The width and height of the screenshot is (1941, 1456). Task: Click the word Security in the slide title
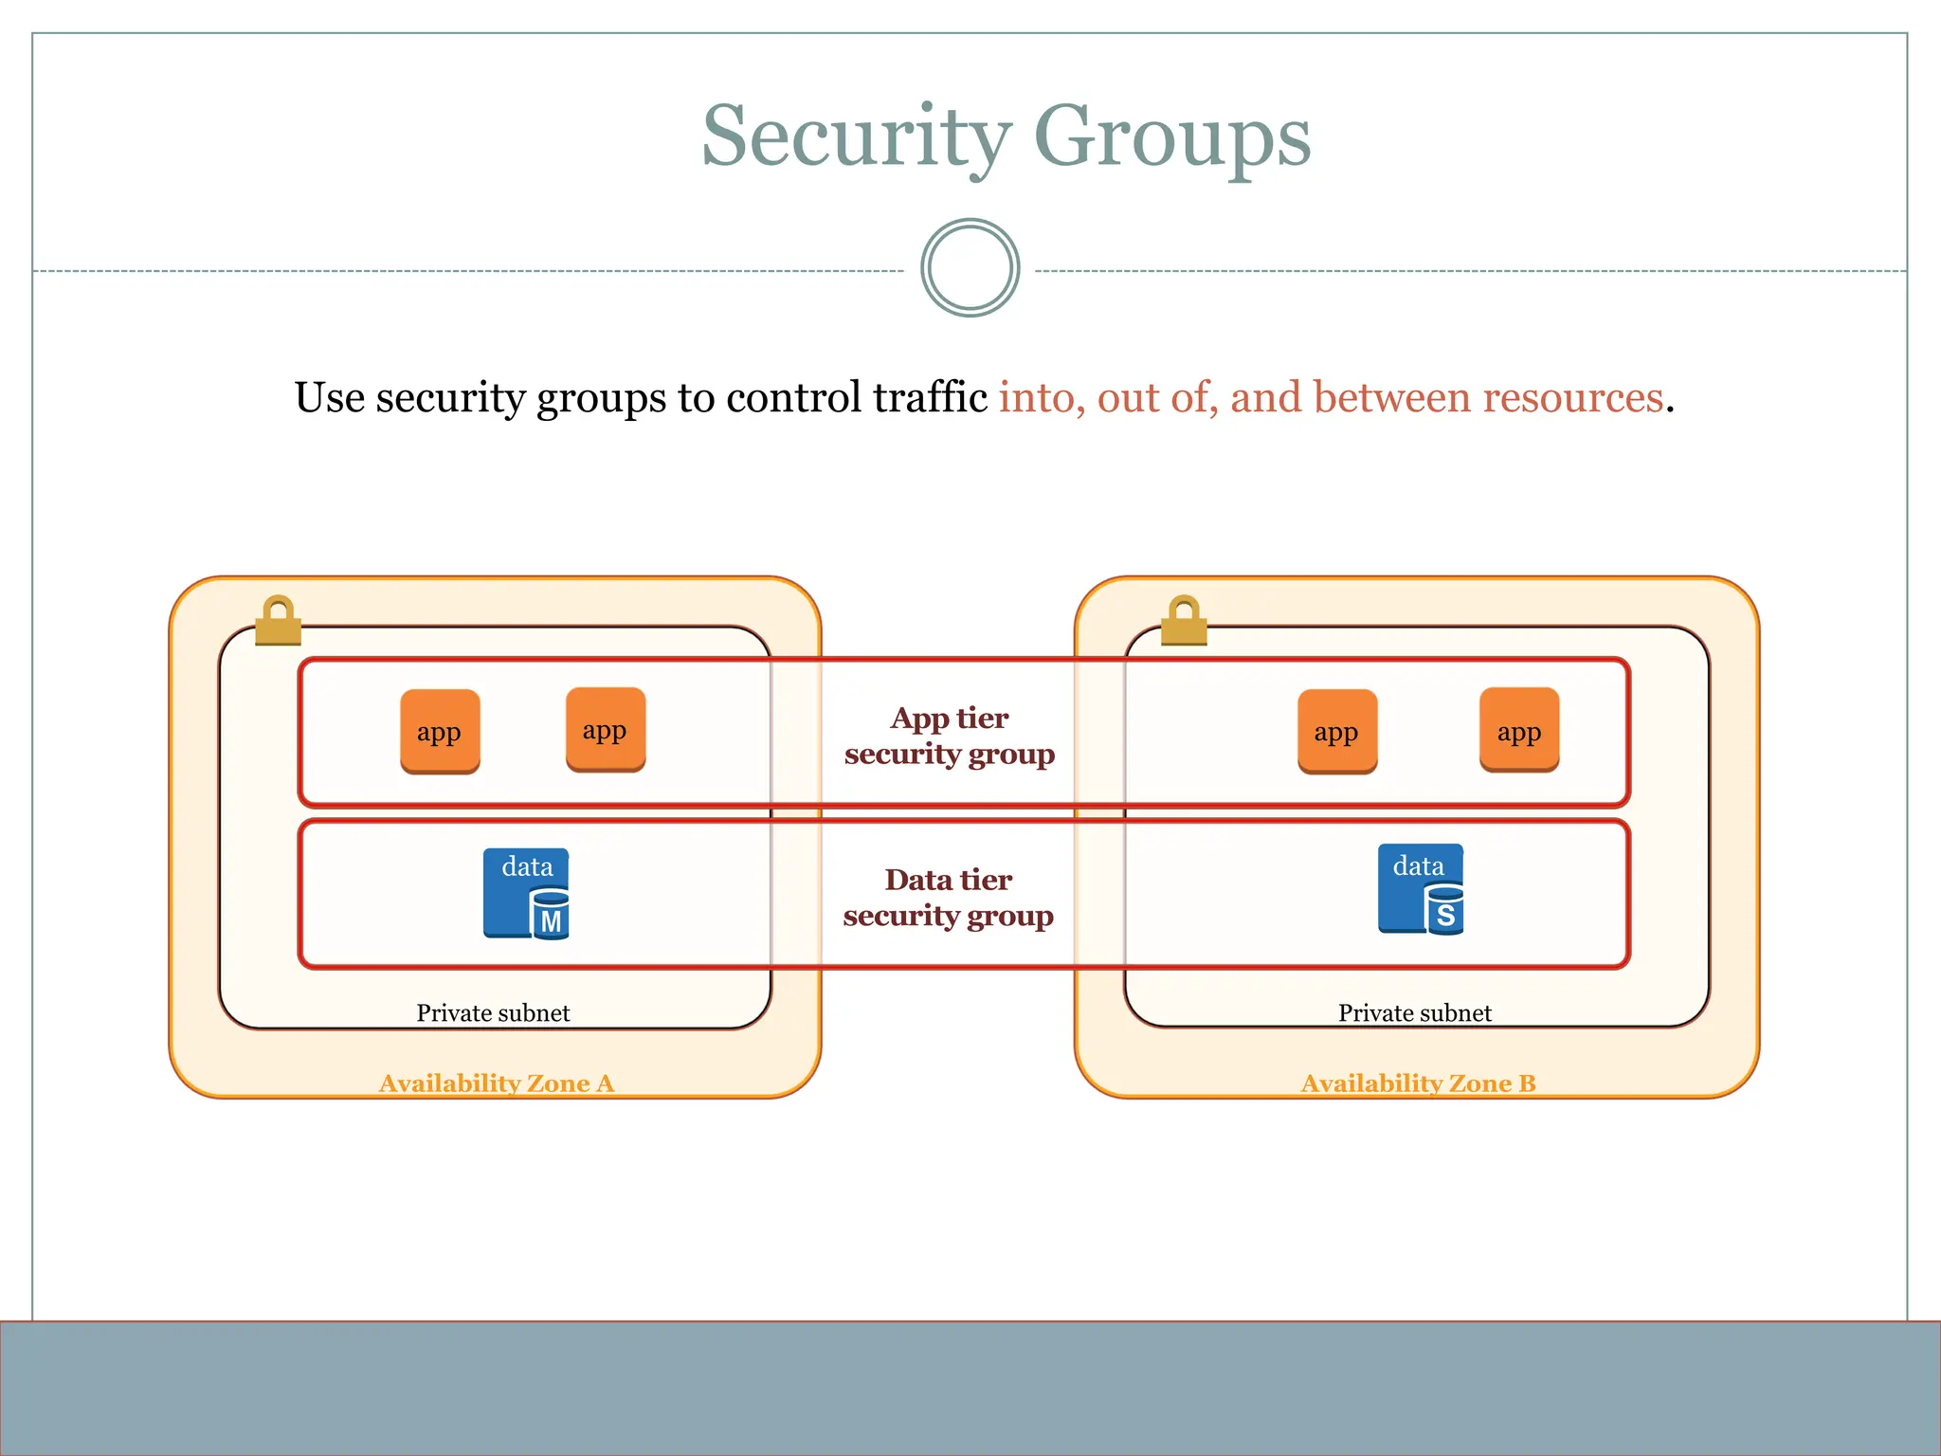[x=856, y=138]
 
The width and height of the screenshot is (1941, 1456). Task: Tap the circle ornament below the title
[x=970, y=268]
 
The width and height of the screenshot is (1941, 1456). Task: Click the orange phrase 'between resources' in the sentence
[x=1446, y=397]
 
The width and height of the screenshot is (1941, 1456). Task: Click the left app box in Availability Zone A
[x=440, y=731]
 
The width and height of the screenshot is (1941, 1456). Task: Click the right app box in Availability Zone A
[x=606, y=730]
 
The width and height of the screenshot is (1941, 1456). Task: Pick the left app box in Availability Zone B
[x=1336, y=731]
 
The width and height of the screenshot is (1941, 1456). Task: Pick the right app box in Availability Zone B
[x=1519, y=730]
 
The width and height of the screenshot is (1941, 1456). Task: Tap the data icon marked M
[x=526, y=894]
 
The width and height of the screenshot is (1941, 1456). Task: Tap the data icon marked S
[x=1420, y=890]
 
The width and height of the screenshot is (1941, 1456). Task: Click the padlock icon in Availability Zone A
[x=278, y=621]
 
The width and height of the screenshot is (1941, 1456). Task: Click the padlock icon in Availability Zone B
[x=1185, y=621]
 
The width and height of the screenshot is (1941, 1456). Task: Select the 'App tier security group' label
[x=950, y=736]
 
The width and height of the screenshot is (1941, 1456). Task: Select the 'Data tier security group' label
[x=949, y=898]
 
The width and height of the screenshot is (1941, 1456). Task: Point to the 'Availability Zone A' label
[x=497, y=1083]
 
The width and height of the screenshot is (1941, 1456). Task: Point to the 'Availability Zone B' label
[x=1418, y=1083]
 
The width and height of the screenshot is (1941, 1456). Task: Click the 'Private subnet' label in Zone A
[x=493, y=1012]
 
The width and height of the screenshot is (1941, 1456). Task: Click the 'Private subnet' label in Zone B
[x=1414, y=1012]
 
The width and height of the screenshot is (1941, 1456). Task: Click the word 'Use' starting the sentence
[x=329, y=397]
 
